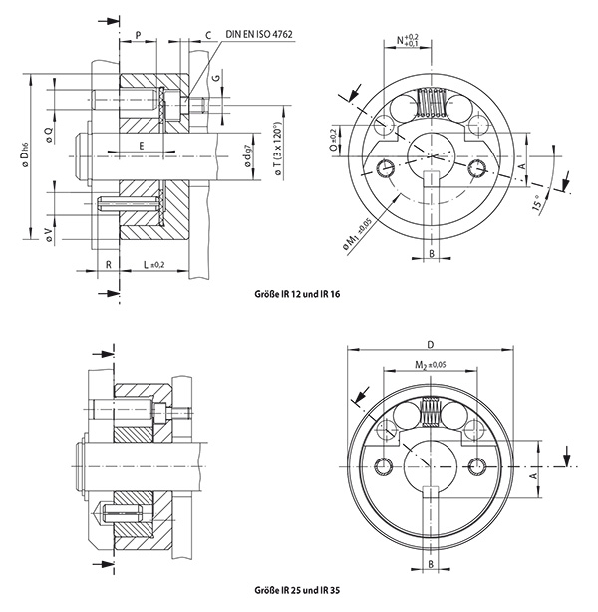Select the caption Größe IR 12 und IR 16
(x=306, y=295)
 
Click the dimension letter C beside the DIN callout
(x=207, y=34)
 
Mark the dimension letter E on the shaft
(x=142, y=146)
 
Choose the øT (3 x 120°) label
(x=278, y=153)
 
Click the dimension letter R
(x=108, y=264)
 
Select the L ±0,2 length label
(x=152, y=264)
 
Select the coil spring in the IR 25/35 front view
(x=432, y=410)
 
